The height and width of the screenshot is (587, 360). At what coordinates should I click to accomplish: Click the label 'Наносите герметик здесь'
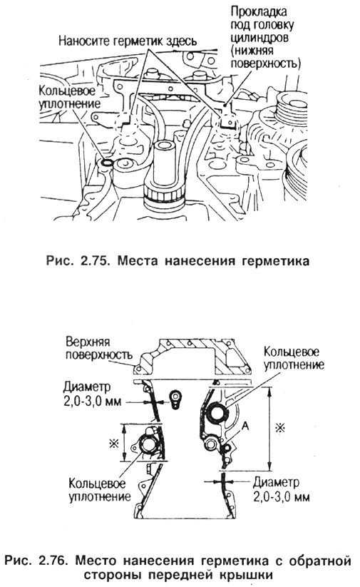[127, 41]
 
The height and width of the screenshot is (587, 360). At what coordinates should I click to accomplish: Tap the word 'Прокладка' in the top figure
[259, 11]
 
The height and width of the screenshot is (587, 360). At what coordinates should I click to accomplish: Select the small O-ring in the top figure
[107, 163]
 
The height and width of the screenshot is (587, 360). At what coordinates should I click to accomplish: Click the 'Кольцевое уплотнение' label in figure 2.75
[70, 97]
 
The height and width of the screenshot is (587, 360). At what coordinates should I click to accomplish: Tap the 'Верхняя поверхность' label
[99, 348]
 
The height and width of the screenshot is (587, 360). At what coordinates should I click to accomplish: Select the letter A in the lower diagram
[245, 426]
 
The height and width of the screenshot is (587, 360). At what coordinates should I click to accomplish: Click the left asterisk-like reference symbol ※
[113, 444]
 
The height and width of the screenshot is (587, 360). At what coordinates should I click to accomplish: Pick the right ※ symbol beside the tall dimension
[279, 427]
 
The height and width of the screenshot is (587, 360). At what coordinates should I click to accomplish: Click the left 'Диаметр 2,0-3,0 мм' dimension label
[92, 394]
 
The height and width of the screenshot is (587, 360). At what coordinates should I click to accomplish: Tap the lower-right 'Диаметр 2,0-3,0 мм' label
[281, 490]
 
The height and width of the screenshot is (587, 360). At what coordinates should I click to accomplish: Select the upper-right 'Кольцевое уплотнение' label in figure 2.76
[294, 358]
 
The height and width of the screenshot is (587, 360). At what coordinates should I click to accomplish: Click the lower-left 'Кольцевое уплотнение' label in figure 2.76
[100, 490]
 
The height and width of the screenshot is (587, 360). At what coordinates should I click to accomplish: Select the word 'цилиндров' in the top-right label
[259, 38]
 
